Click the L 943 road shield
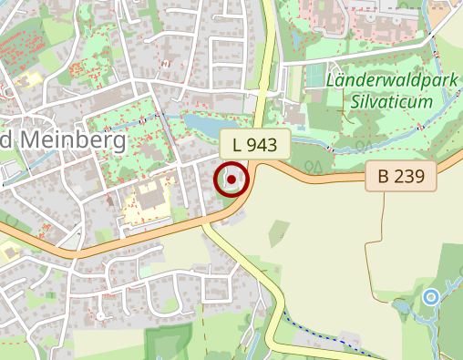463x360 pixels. tap(254, 144)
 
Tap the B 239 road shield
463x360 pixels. tap(401, 177)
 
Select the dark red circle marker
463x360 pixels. tap(232, 180)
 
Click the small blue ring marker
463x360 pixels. tap(431, 296)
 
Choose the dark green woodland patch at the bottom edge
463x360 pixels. tap(169, 344)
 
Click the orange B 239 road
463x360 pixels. tap(137, 239)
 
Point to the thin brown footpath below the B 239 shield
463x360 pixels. tap(375, 246)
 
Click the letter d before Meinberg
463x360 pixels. tap(6, 139)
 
